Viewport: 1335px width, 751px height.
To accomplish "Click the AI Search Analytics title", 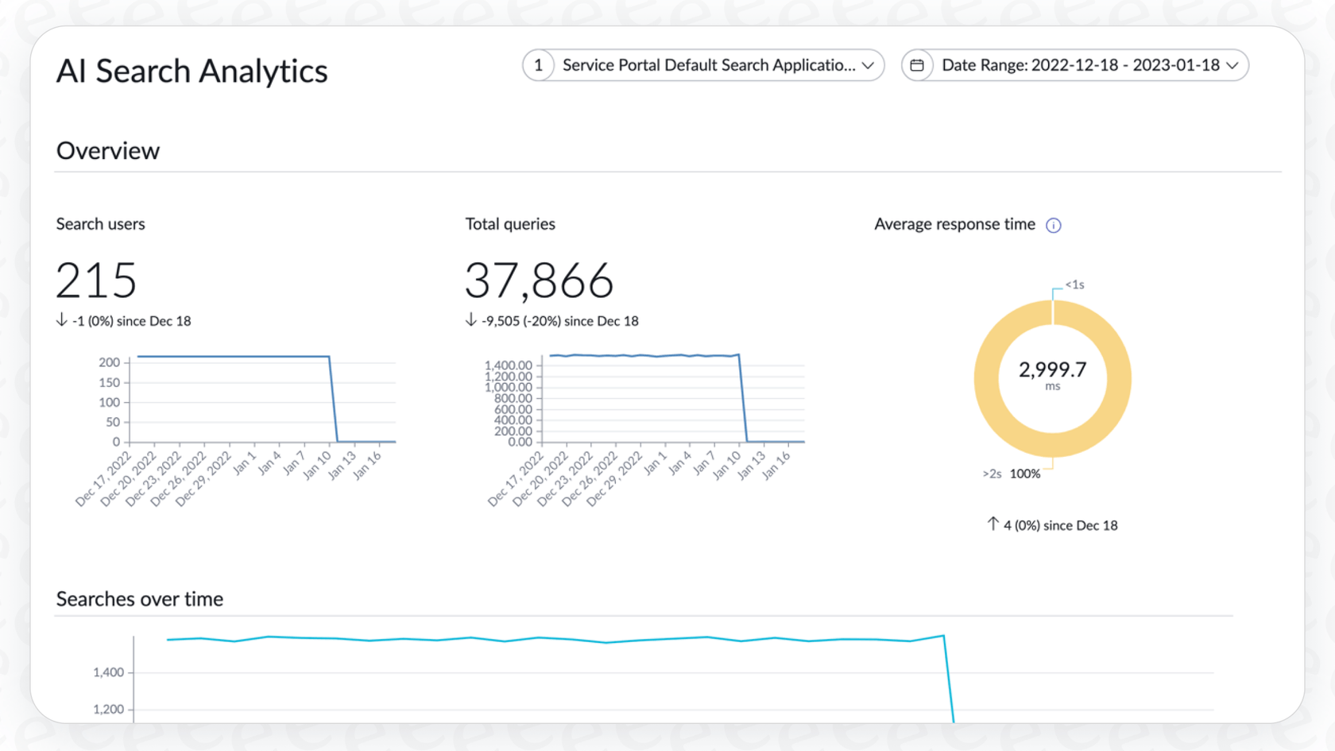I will click(x=192, y=72).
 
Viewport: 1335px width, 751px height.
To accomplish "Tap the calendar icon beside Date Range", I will click(x=917, y=65).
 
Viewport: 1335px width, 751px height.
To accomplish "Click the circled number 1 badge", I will click(x=539, y=65).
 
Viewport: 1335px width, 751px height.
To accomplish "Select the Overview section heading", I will click(x=108, y=151).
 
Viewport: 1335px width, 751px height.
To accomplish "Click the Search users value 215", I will click(x=96, y=281).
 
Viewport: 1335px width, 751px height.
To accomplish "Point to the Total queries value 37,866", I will click(x=539, y=281).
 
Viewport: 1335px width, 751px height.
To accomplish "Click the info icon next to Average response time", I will click(x=1054, y=226).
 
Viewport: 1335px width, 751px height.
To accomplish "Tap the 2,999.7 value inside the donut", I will click(x=1052, y=370).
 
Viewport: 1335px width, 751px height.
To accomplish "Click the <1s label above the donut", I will click(x=1074, y=285).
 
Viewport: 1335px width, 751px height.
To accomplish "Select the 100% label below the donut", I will click(x=1024, y=474).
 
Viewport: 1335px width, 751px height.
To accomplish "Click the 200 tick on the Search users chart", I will click(x=109, y=362).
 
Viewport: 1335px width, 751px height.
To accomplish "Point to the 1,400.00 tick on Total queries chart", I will click(x=508, y=366).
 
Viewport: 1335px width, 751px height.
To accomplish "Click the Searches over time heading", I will click(x=140, y=599).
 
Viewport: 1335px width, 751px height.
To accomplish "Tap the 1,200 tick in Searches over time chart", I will click(x=108, y=709).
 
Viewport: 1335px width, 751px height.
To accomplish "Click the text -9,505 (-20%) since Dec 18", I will click(x=559, y=321).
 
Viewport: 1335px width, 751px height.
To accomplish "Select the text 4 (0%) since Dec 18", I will click(x=1060, y=525).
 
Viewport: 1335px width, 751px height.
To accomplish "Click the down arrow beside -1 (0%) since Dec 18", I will click(x=62, y=320).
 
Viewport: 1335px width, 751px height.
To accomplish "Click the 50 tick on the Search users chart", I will click(x=113, y=422).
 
